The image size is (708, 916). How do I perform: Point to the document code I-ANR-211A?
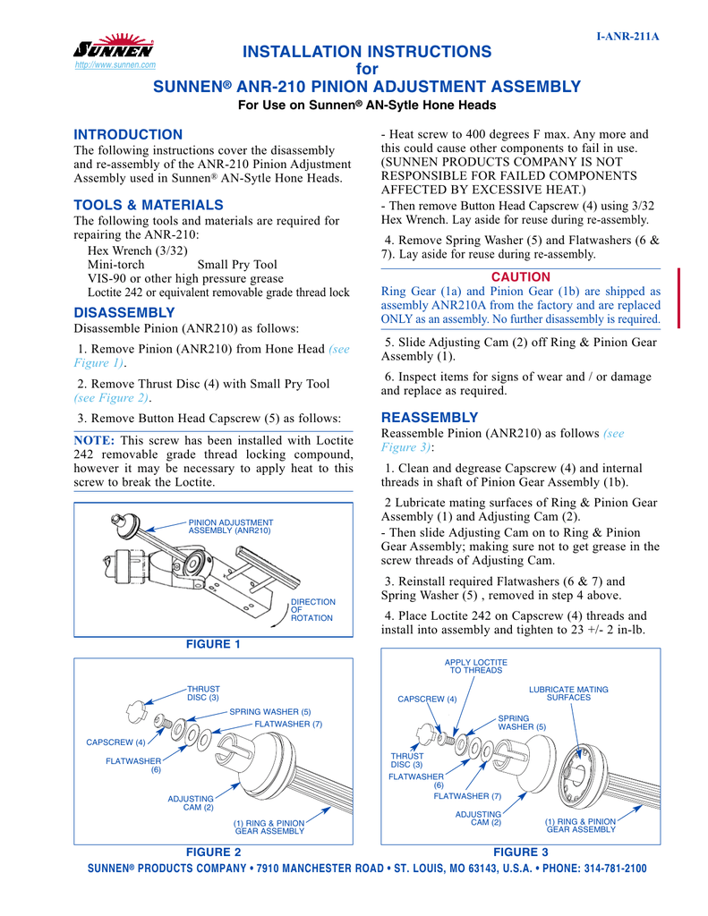coord(628,37)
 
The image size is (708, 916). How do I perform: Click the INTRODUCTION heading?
coord(127,134)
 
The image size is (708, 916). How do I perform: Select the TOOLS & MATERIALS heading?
coord(148,205)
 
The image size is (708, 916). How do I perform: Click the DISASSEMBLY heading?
coord(124,312)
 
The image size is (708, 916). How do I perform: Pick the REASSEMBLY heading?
coord(430,417)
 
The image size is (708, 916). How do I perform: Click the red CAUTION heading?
coord(521,277)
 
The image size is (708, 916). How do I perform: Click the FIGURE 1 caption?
coord(213,644)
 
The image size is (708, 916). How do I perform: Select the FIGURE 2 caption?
coord(213,852)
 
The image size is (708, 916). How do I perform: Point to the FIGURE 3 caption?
coord(521,852)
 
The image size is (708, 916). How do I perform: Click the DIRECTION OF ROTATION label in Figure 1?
coord(313,610)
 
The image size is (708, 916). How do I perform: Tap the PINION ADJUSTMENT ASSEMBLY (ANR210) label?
coord(230,526)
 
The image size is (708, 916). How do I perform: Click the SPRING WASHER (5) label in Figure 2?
coord(269,711)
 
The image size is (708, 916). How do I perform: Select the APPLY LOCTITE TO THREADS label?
coord(476,666)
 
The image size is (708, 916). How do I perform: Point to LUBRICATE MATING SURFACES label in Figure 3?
coord(568,693)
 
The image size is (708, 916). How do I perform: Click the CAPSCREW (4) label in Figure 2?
coord(115,742)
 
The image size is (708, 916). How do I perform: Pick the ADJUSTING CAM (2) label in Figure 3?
coord(478,818)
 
